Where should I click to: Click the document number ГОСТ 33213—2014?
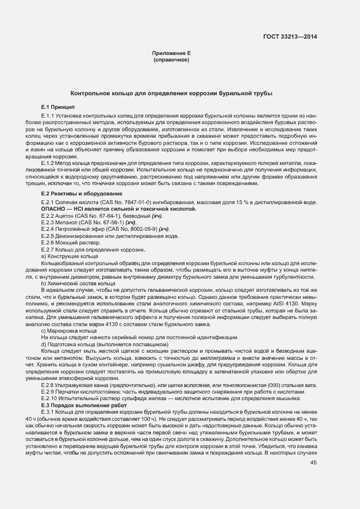pos(290,37)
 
